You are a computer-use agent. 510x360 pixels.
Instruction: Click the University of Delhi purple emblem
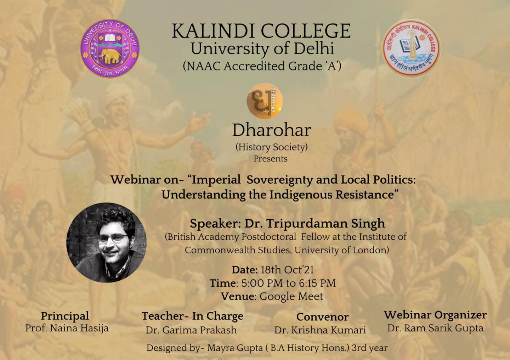[x=110, y=48]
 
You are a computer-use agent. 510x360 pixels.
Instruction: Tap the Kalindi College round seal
[x=411, y=48]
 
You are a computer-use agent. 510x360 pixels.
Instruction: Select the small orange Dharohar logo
[x=265, y=101]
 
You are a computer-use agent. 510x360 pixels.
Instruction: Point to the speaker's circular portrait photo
[x=106, y=242]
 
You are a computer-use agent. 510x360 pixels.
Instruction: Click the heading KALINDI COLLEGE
[x=261, y=31]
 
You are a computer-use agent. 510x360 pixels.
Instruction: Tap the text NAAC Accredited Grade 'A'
[x=262, y=66]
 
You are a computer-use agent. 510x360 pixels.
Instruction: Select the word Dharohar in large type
[x=272, y=130]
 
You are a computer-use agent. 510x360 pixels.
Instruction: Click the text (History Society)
[x=272, y=147]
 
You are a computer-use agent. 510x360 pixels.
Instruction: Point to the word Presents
[x=271, y=159]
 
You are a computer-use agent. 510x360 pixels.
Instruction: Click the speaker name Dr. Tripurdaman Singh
[x=314, y=223]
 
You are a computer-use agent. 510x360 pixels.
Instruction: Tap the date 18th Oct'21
[x=287, y=270]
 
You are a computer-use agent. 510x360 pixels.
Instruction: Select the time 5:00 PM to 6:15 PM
[x=288, y=283]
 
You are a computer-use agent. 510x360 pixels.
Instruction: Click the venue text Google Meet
[x=291, y=297]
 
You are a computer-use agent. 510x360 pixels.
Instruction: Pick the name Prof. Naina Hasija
[x=67, y=328]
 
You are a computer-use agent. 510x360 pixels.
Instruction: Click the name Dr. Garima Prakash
[x=191, y=330]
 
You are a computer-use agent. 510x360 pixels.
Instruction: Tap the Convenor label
[x=322, y=317]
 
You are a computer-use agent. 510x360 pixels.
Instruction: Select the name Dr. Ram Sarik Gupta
[x=435, y=328]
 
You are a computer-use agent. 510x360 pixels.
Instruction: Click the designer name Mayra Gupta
[x=235, y=348]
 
